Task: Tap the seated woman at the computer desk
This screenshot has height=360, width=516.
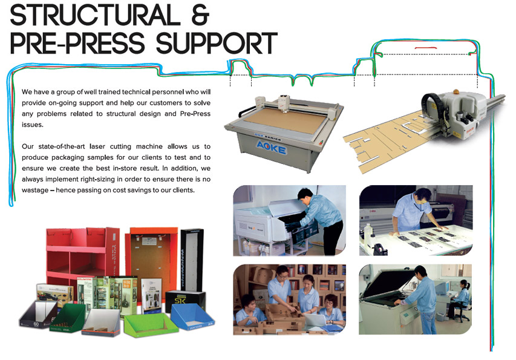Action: pyautogui.click(x=462, y=296)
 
